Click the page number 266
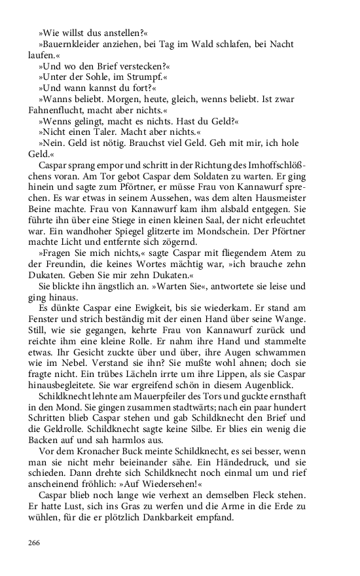pos(34,543)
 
